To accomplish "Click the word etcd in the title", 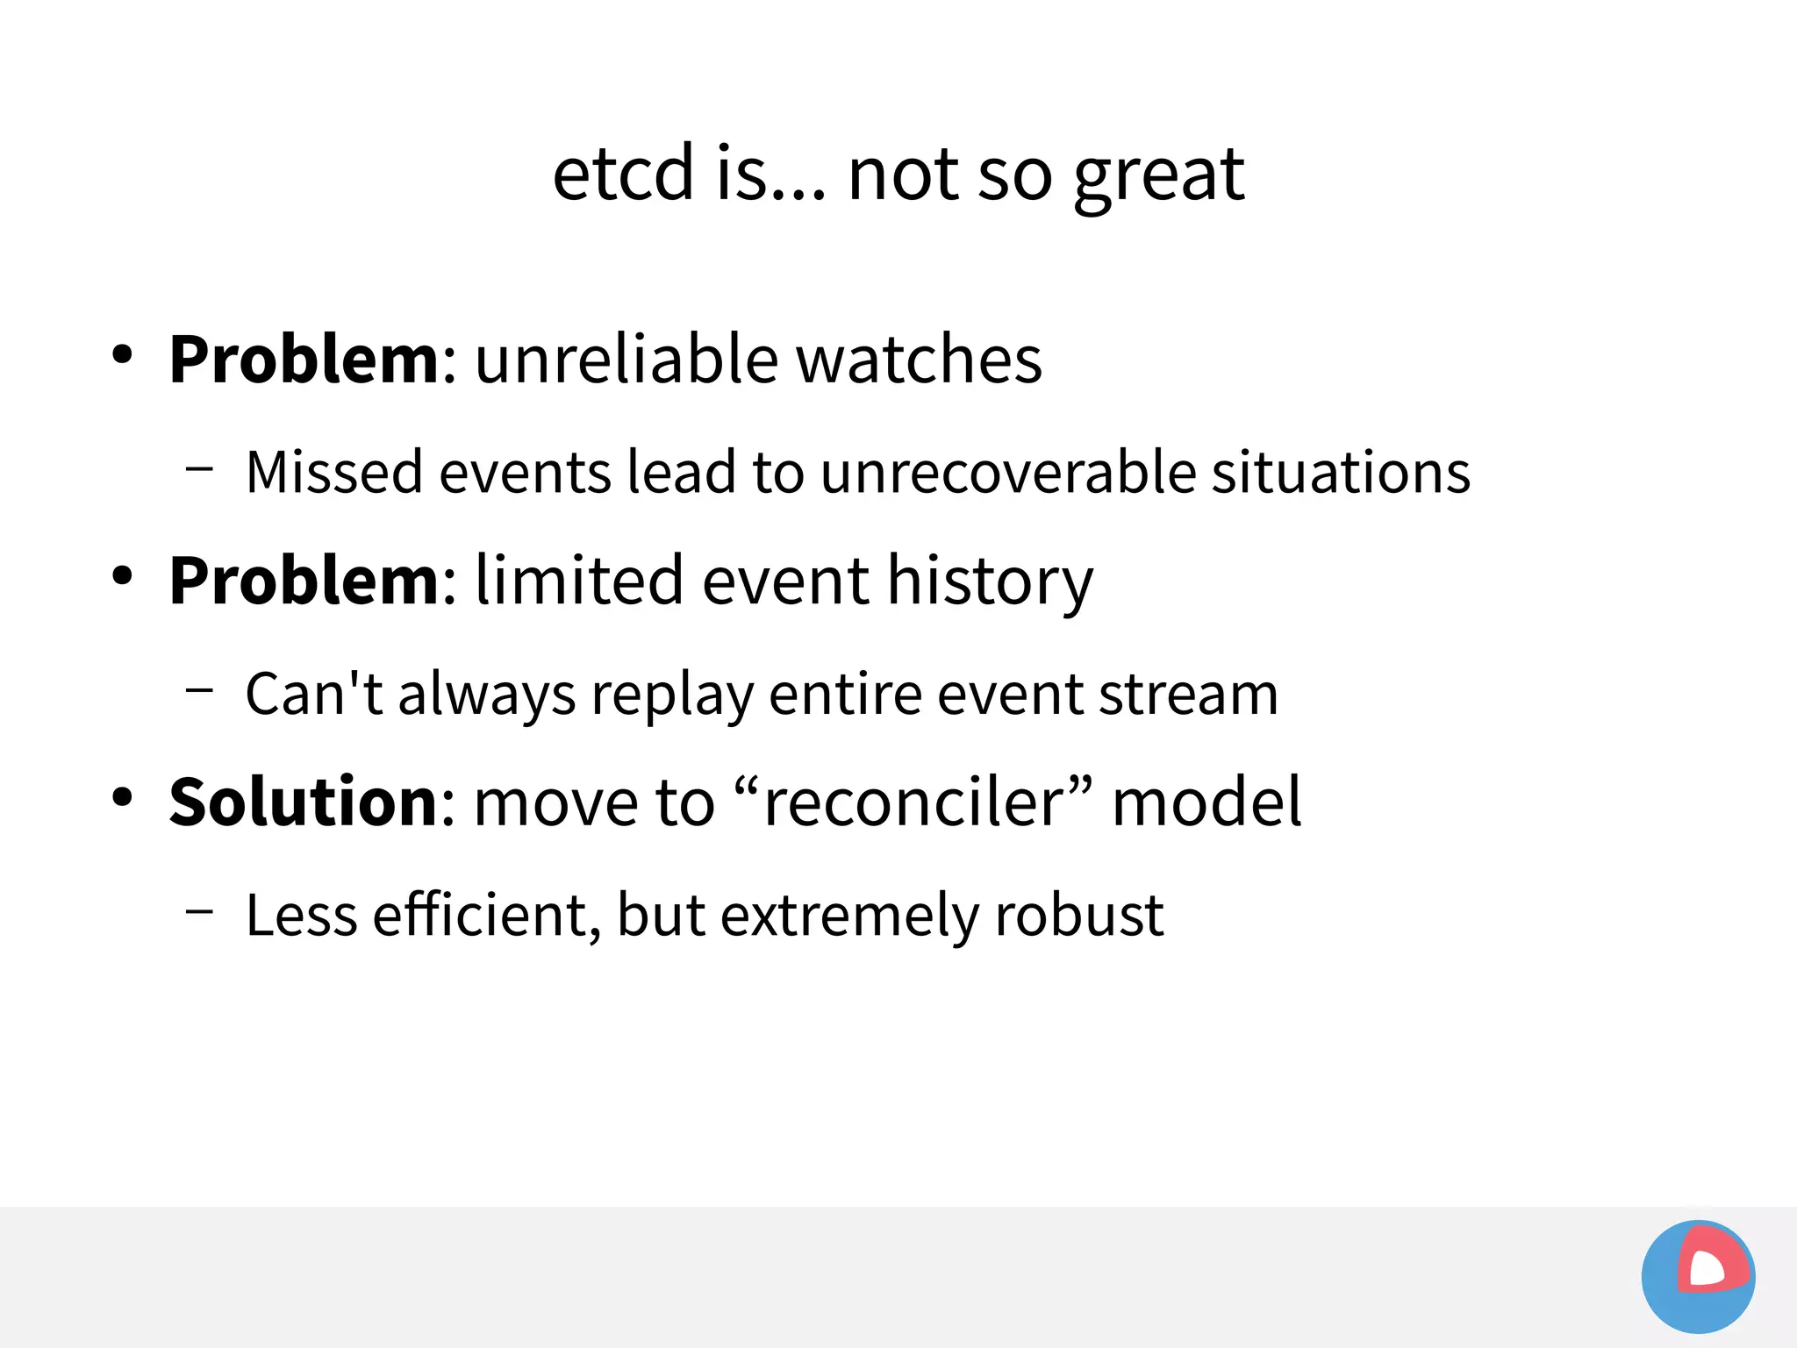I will [x=623, y=174].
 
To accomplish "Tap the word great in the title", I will [x=1158, y=175].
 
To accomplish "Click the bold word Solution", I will [x=304, y=802].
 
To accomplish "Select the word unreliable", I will [x=626, y=360].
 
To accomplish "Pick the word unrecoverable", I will [x=1008, y=473].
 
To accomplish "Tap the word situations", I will [x=1341, y=473].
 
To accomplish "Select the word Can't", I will [x=313, y=694].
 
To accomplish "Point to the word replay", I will [x=672, y=695].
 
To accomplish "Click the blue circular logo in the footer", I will [x=1698, y=1276].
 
